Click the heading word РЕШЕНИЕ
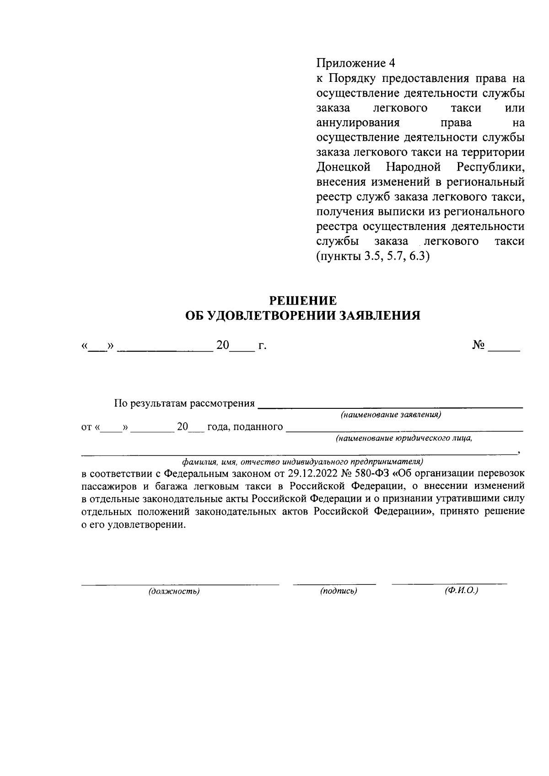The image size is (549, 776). pos(302,300)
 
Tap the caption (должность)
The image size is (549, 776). pos(174,591)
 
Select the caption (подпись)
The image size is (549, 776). pos(339,591)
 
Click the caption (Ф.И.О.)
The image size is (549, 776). pos(461,590)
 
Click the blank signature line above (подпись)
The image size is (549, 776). pos(334,583)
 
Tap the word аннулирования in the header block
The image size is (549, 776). pos(358,123)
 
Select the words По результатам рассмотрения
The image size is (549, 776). pos(184,403)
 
